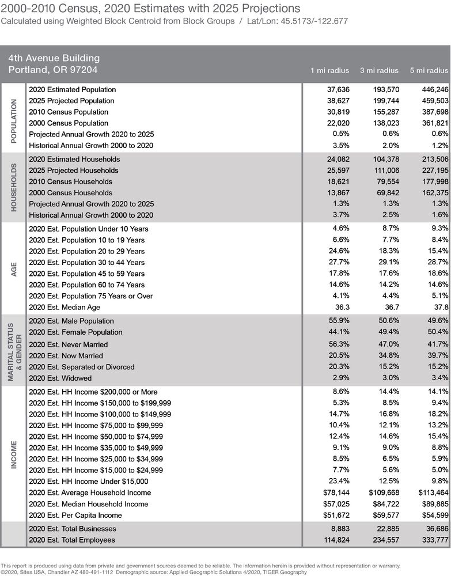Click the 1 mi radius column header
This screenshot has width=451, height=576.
tap(329, 70)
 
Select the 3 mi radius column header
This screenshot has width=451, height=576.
tap(379, 70)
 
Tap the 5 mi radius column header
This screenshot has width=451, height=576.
tap(429, 70)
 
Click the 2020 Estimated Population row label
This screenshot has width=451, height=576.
tap(72, 89)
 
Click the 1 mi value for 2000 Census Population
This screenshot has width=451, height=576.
tap(336, 123)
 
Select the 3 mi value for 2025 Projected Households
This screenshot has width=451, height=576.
tap(383, 170)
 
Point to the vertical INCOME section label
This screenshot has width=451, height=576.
tap(14, 454)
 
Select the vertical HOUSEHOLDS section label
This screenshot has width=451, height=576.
tap(14, 187)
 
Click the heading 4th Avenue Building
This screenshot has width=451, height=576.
tap(54, 58)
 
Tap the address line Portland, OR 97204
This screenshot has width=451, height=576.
tap(53, 70)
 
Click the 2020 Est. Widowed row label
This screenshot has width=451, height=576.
tap(60, 378)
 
